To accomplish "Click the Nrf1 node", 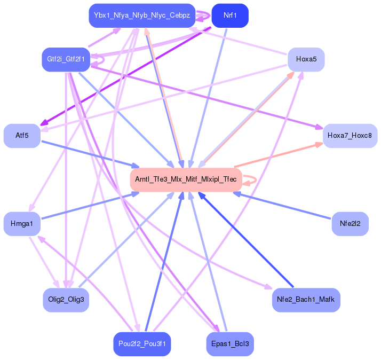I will click(230, 15).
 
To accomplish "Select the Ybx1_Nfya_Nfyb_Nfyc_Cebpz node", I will click(142, 15).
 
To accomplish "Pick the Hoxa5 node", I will click(306, 59).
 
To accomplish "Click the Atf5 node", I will click(22, 136).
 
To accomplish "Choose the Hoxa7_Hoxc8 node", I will click(350, 136).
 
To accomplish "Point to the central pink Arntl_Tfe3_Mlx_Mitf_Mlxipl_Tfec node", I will click(186, 179).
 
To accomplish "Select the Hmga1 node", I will click(22, 224).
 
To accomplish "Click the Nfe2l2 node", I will click(350, 224).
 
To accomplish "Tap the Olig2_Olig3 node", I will click(66, 300).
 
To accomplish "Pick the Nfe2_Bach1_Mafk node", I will click(306, 300).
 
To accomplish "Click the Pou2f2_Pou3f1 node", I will click(142, 344).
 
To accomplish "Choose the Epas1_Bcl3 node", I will click(230, 344).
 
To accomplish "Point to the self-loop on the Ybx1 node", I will click(204, 16).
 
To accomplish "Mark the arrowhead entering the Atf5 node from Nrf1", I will click(44, 123).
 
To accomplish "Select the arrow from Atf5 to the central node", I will click(91, 154).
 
